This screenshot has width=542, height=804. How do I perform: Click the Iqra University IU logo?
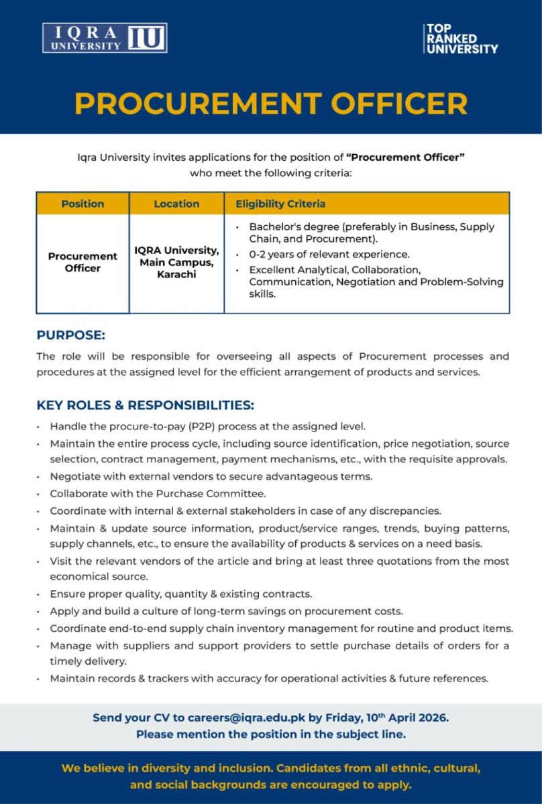tap(105, 38)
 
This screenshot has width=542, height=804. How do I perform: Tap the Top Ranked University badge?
tap(461, 39)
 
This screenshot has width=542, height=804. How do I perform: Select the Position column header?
tap(83, 204)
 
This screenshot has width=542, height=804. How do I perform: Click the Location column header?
tap(176, 204)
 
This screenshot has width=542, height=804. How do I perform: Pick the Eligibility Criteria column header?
tap(280, 204)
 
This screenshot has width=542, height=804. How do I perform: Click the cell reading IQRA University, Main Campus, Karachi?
tap(176, 262)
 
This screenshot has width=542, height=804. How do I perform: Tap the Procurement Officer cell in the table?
tap(83, 262)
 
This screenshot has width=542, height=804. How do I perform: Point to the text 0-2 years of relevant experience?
tap(329, 255)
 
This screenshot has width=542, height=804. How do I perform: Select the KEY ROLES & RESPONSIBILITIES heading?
tap(146, 405)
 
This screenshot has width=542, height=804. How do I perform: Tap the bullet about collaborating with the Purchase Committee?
tap(158, 494)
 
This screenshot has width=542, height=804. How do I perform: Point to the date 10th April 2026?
tap(407, 718)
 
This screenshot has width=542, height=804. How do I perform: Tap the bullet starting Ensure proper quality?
tap(181, 594)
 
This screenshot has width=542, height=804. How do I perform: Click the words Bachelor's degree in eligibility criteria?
tap(290, 226)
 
